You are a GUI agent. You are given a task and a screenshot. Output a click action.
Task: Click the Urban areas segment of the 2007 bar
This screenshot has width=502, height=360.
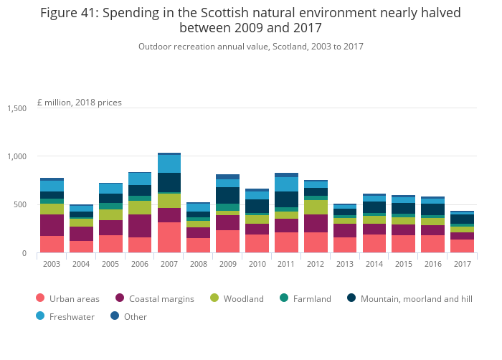click(169, 237)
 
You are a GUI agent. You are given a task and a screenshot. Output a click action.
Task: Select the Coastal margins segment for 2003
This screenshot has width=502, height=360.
click(52, 225)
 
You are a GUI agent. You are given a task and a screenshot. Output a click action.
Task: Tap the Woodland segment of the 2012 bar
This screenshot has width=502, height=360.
click(316, 207)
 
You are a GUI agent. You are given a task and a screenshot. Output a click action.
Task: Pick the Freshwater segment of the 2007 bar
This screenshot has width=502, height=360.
click(169, 164)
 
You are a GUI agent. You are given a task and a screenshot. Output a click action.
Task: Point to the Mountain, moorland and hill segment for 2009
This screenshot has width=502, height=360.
click(227, 196)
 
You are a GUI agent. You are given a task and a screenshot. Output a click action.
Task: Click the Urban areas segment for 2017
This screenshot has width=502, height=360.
click(462, 246)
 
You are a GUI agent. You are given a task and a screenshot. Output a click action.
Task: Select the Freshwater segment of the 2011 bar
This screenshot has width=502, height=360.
click(286, 184)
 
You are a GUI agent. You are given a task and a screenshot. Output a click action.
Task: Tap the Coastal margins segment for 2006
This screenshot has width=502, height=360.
click(140, 226)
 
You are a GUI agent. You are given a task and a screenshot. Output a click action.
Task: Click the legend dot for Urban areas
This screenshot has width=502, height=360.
click(40, 298)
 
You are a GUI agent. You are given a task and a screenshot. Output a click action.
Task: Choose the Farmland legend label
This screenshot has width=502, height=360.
click(311, 298)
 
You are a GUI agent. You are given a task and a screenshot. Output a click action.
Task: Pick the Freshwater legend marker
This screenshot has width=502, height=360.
click(40, 316)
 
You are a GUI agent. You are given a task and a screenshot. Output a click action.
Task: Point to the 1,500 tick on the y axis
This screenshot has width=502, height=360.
click(16, 108)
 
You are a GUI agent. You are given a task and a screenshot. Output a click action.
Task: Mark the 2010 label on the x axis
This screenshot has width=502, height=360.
click(257, 263)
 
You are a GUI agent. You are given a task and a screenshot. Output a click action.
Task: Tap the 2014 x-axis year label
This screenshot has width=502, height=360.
click(374, 263)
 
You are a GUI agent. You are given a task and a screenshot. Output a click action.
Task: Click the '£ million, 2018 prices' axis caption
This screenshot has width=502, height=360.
click(80, 103)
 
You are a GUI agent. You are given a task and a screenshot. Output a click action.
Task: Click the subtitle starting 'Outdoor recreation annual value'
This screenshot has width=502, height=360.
click(250, 46)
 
